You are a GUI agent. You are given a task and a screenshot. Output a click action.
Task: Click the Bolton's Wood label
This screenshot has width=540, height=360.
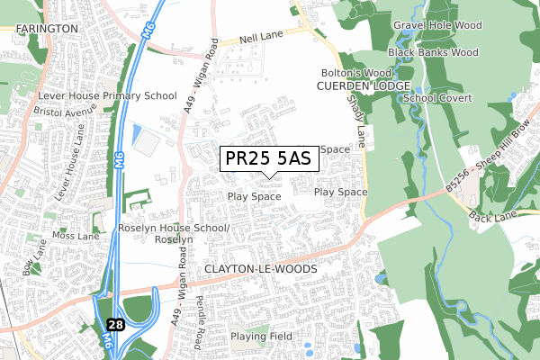click(x=356, y=73)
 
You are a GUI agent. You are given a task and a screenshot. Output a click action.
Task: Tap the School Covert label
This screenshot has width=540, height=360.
click(x=437, y=97)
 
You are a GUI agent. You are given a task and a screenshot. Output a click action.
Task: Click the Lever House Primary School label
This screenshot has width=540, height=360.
click(x=107, y=95)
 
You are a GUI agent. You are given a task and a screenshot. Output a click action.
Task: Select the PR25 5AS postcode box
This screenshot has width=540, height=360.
click(x=266, y=158)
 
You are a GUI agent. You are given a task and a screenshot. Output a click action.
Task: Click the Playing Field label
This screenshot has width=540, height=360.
click(x=261, y=337)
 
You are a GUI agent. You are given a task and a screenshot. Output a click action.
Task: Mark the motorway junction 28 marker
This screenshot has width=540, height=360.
click(x=115, y=323)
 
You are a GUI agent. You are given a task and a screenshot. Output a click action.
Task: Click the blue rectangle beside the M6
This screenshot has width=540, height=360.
click(x=136, y=136)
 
